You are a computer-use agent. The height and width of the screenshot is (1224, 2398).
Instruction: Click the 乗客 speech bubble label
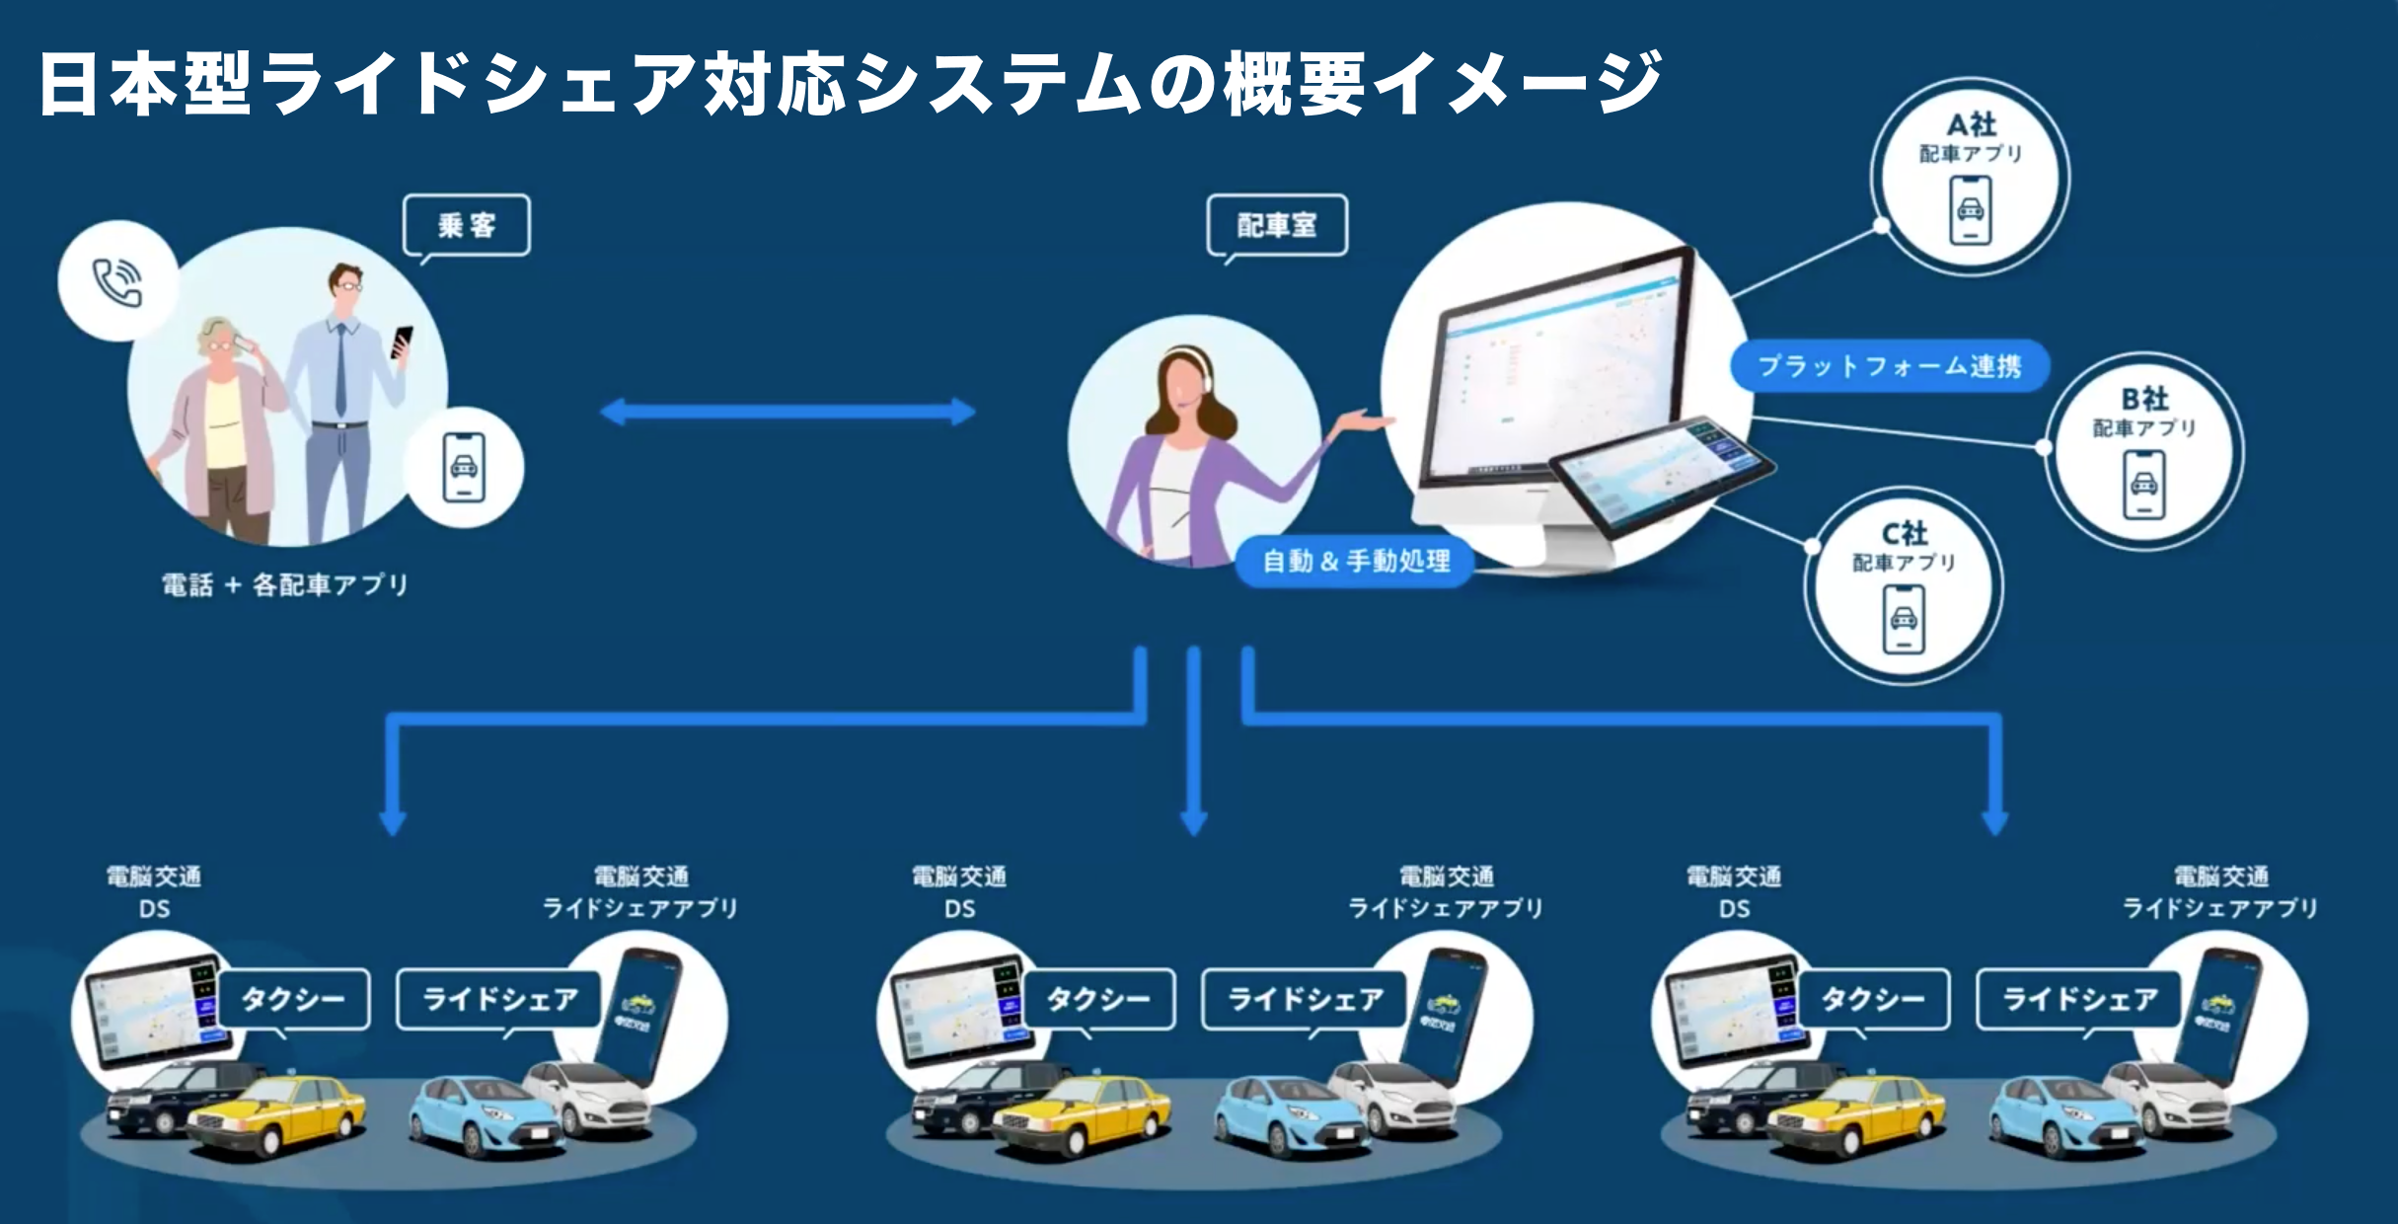coord(467,226)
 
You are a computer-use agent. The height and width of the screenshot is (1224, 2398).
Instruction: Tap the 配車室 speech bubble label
coord(1277,226)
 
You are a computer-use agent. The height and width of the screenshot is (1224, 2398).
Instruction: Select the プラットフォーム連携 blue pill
coord(1889,366)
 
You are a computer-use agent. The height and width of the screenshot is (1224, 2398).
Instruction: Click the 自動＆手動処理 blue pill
coord(1356,562)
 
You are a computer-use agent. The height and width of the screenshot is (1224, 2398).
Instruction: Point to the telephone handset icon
coord(117,283)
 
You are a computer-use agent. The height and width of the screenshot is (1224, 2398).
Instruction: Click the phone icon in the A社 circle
coord(1970,210)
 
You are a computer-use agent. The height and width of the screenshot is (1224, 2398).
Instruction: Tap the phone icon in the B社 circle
coord(2143,484)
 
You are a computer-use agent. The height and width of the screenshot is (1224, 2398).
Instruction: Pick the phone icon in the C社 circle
coord(1903,619)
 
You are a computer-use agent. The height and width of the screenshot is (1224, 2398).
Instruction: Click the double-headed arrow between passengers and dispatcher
coord(787,412)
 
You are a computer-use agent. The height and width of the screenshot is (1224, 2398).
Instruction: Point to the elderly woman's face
coord(219,341)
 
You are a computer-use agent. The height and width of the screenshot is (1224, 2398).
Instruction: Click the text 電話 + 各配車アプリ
coord(285,585)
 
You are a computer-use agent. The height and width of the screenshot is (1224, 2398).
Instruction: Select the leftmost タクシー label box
coord(293,999)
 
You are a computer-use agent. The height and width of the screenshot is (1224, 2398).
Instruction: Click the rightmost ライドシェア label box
coord(2079,999)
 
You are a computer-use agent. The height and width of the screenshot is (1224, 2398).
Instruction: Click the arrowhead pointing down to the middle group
coord(1194,821)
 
